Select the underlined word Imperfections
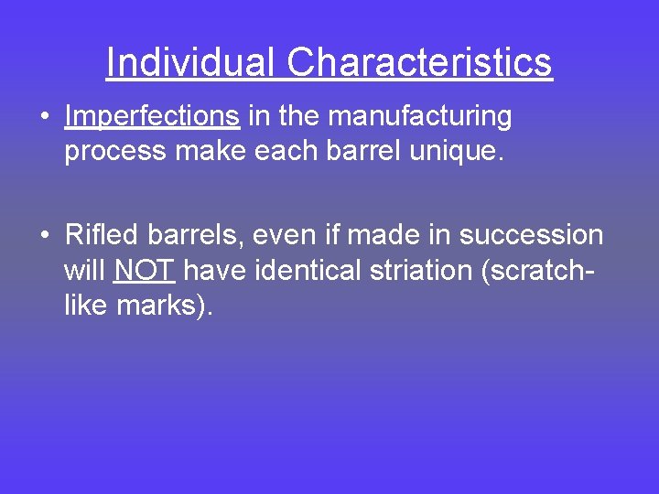click(x=152, y=116)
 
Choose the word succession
click(x=531, y=235)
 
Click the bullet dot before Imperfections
click(x=44, y=118)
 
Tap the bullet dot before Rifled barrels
click(x=44, y=237)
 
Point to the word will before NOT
click(x=85, y=271)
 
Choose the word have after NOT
click(x=214, y=271)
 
